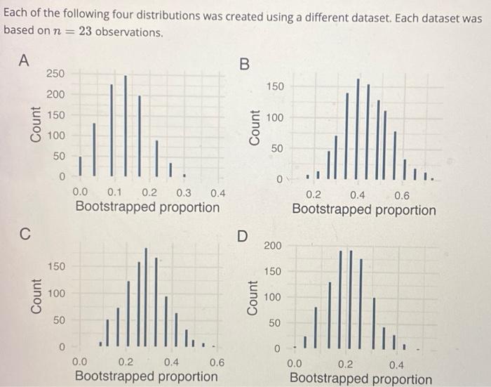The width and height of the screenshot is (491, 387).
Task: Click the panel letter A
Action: (x=24, y=60)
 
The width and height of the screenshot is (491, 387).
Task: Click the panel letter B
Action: (x=243, y=64)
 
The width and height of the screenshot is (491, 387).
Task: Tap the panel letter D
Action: (x=242, y=237)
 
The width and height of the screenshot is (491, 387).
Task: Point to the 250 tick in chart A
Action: (x=55, y=74)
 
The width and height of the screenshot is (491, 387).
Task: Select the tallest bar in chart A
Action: (x=126, y=125)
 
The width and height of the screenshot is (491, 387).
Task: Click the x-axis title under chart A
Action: (x=147, y=207)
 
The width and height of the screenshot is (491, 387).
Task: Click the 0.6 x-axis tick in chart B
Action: (x=402, y=195)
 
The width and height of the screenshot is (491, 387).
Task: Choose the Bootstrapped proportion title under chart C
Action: (x=146, y=376)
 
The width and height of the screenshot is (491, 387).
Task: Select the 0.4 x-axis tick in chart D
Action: (x=396, y=364)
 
